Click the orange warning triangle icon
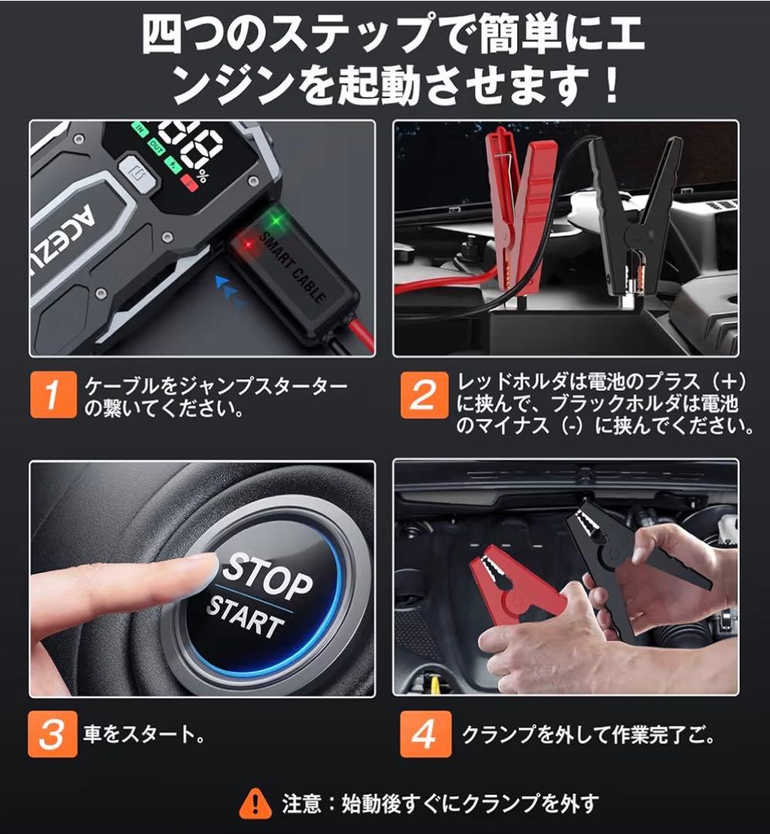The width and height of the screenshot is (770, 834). click(x=255, y=804)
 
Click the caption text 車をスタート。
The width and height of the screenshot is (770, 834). click(x=144, y=734)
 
